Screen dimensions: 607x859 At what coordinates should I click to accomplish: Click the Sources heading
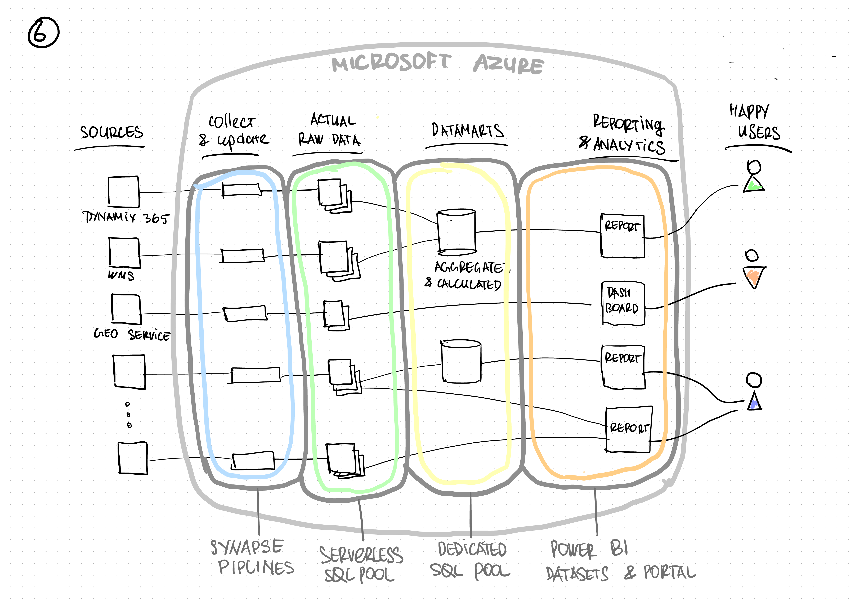pyautogui.click(x=111, y=132)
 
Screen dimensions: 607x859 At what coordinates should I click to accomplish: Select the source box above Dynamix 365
pyautogui.click(x=123, y=191)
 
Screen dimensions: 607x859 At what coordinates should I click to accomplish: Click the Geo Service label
pyautogui.click(x=132, y=334)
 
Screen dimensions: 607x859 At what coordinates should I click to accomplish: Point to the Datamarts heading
pyautogui.click(x=468, y=131)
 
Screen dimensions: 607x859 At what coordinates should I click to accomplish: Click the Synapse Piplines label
pyautogui.click(x=251, y=557)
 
